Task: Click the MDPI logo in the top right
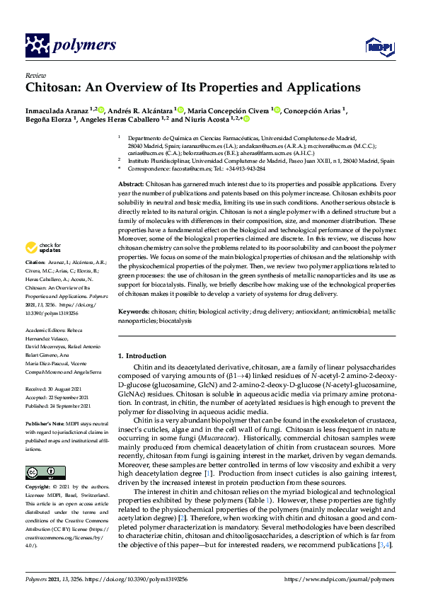coord(379,46)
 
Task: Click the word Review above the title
coord(35,74)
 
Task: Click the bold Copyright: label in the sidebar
coord(40,488)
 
